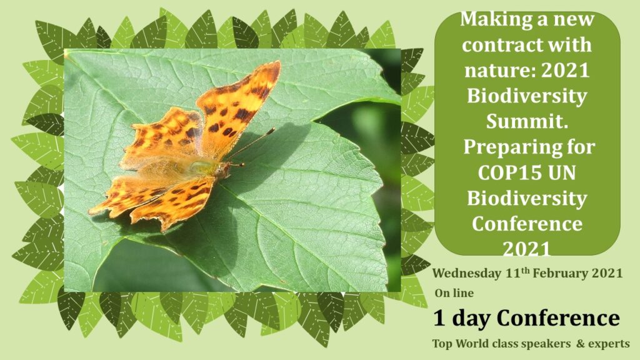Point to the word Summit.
pos(527,122)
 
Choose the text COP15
pos(504,172)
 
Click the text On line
pos(454,293)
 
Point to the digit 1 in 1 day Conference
pos(439,318)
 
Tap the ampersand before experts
pos(581,344)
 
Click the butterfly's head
pos(224,169)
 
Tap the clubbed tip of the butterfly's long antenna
pos(271,131)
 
